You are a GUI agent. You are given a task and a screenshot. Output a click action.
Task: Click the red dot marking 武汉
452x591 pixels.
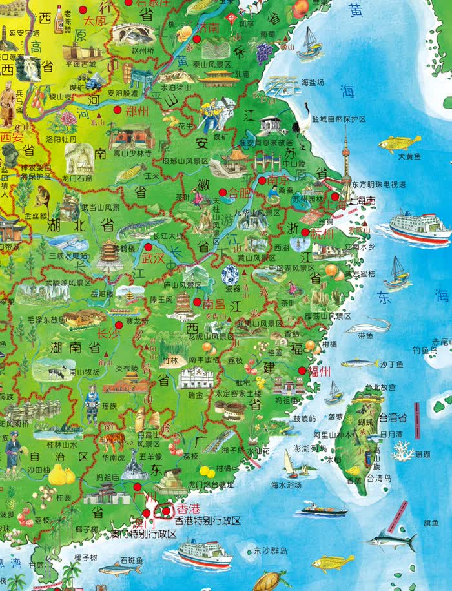pos(148,246)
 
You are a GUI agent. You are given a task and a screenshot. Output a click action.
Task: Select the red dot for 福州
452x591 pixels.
pos(302,370)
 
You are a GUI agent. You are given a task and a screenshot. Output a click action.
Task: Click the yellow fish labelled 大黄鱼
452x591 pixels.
pos(400,143)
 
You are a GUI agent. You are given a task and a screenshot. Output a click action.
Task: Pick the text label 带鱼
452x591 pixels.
pos(365,335)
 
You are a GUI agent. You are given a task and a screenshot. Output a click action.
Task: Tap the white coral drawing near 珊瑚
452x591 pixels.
pos(403,450)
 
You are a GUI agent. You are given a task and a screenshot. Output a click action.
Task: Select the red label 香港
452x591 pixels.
pos(189,508)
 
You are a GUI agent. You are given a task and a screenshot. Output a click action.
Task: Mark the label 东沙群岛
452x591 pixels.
pos(270,551)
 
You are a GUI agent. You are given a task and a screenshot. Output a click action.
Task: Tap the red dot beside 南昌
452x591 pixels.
pos(197,301)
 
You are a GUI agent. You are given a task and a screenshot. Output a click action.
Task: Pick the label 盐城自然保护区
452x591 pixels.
pos(338,119)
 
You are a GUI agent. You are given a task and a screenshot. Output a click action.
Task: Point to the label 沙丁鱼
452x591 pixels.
pos(391,364)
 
